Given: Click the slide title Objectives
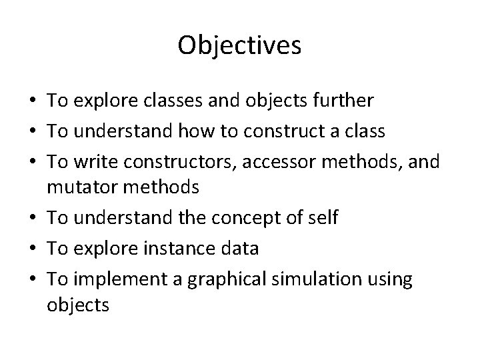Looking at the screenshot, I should pos(240,45).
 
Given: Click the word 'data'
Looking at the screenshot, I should pos(241,248).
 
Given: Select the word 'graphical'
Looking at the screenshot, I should pos(219,279).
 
